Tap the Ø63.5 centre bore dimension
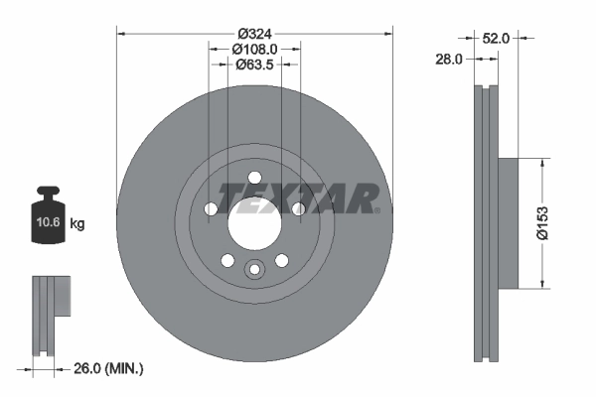(254, 65)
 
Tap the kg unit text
(78, 224)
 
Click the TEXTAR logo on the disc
(298, 198)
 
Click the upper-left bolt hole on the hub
(211, 209)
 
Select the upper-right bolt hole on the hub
(298, 208)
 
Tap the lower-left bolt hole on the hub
(227, 261)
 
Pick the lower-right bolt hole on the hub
(281, 261)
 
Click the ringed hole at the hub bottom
(254, 270)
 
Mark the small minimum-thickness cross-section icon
(49, 315)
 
